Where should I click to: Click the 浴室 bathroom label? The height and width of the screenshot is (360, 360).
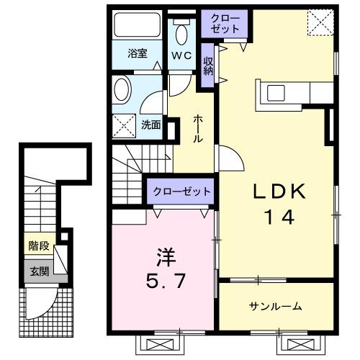(x=137, y=53)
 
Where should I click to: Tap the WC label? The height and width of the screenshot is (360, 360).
(x=181, y=56)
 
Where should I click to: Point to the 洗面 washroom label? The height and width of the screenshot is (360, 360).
(x=150, y=124)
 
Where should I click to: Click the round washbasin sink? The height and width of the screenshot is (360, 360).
(x=122, y=92)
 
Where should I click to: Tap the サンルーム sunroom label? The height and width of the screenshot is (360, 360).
(x=276, y=307)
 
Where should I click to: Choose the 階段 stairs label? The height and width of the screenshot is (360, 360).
(x=39, y=246)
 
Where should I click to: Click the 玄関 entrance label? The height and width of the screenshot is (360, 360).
(x=39, y=271)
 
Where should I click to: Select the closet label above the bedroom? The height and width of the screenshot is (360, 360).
(x=181, y=192)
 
